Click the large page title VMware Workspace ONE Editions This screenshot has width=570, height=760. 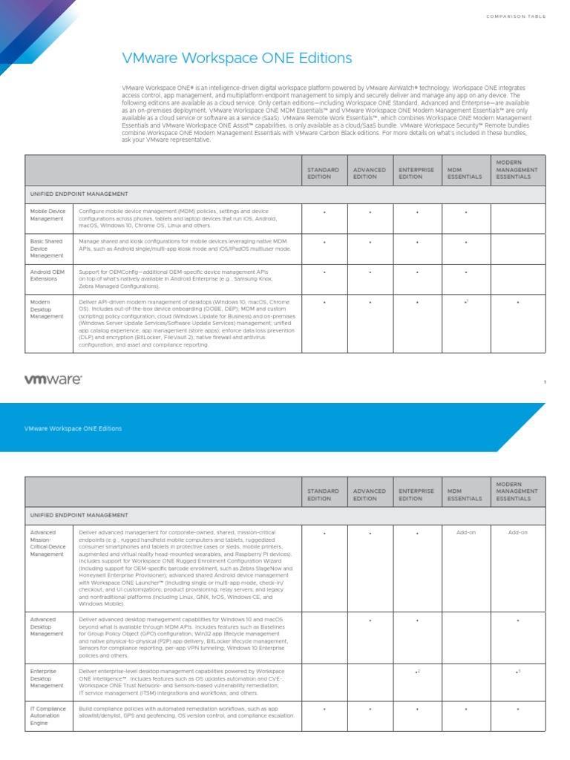point(237,58)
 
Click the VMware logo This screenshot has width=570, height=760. point(53,379)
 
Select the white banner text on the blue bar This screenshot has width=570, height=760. point(73,428)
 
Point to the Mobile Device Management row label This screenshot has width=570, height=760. point(47,215)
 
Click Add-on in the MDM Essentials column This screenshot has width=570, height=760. point(466,533)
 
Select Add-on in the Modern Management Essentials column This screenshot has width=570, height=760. point(517,533)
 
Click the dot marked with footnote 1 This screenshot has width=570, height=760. point(465,303)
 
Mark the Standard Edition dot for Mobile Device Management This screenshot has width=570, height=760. point(324,213)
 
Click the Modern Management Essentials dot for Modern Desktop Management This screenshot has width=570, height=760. point(517,303)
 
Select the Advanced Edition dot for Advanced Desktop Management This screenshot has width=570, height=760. point(370,620)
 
